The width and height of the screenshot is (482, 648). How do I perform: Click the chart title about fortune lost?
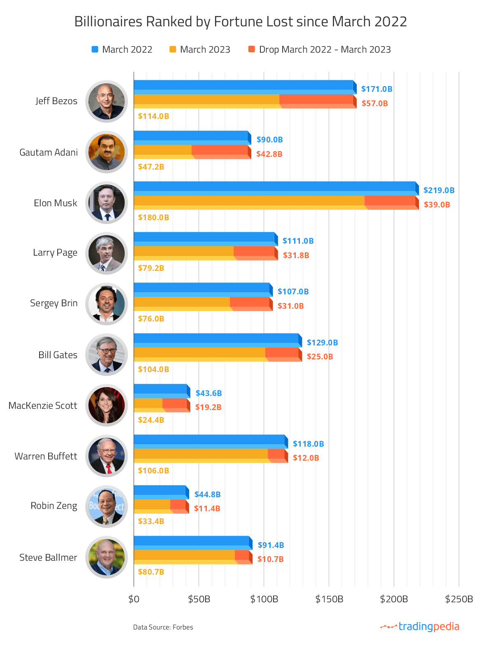tap(241, 21)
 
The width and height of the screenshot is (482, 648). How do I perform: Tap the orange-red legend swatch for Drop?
tap(252, 49)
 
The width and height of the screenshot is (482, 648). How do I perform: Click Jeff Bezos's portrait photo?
tap(107, 101)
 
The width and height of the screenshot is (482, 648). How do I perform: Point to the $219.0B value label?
tap(439, 190)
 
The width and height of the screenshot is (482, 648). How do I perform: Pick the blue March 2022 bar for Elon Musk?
tap(274, 187)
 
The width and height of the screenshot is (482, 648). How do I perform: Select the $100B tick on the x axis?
tap(264, 599)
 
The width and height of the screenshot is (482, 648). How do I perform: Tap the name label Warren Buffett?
tap(46, 456)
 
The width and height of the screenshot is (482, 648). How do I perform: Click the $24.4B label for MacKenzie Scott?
tap(151, 420)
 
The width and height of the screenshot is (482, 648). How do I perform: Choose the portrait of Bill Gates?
tap(107, 354)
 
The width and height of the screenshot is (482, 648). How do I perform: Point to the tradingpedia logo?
tap(420, 627)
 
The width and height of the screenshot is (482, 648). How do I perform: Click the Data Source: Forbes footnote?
tap(163, 627)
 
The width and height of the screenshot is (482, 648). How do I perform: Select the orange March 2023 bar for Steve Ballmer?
tap(184, 555)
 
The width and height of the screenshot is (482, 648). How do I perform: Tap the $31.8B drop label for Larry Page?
tap(296, 255)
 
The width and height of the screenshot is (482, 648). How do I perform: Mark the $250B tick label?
tap(459, 599)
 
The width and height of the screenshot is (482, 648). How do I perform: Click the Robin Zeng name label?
tap(54, 506)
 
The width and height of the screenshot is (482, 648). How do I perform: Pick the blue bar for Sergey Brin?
tap(201, 289)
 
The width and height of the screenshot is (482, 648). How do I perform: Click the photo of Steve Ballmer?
tap(107, 557)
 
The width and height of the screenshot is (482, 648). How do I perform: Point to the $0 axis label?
tap(133, 599)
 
